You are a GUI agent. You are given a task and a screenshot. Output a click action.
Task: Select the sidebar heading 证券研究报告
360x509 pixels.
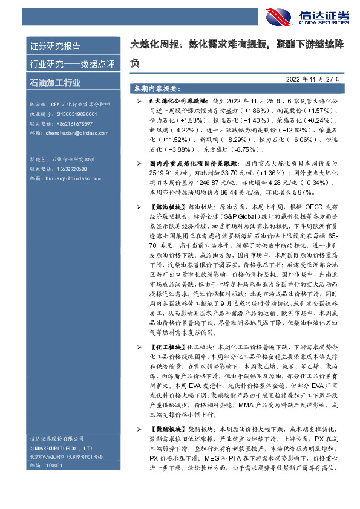point(55,46)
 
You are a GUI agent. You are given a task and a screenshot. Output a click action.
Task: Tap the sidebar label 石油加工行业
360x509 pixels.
point(55,82)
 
